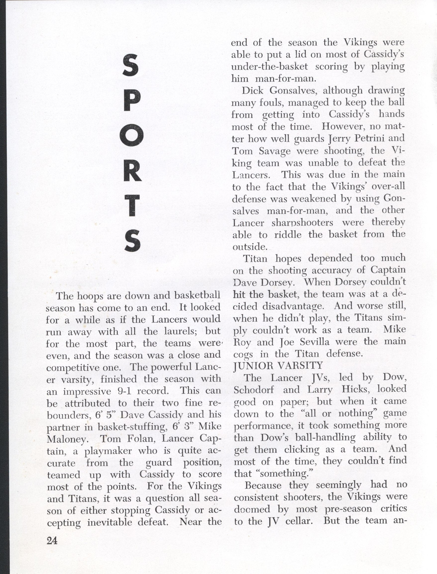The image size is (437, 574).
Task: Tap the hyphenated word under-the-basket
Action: (270, 67)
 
